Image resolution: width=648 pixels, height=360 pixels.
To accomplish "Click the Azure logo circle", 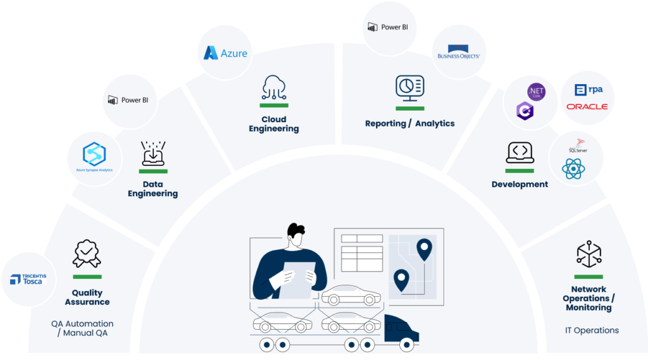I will click(226, 53).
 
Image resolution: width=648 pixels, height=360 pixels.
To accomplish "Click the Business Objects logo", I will click(459, 53).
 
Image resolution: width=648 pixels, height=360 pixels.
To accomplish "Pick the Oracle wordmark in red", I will click(587, 106).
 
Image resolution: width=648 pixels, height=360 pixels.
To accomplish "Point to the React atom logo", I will click(573, 169).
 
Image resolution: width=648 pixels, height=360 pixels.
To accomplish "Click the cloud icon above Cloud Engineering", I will click(274, 88).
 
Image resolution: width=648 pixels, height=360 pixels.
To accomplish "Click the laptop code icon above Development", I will click(520, 152).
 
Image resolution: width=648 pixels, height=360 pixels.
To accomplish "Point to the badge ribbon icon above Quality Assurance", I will click(87, 253).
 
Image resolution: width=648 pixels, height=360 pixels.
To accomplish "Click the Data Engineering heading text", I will click(153, 189).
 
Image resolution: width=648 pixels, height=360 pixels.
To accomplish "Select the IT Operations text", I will click(592, 330).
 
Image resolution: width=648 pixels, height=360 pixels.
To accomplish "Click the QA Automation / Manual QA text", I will click(83, 328).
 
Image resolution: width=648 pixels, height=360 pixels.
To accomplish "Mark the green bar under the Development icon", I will click(520, 171).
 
